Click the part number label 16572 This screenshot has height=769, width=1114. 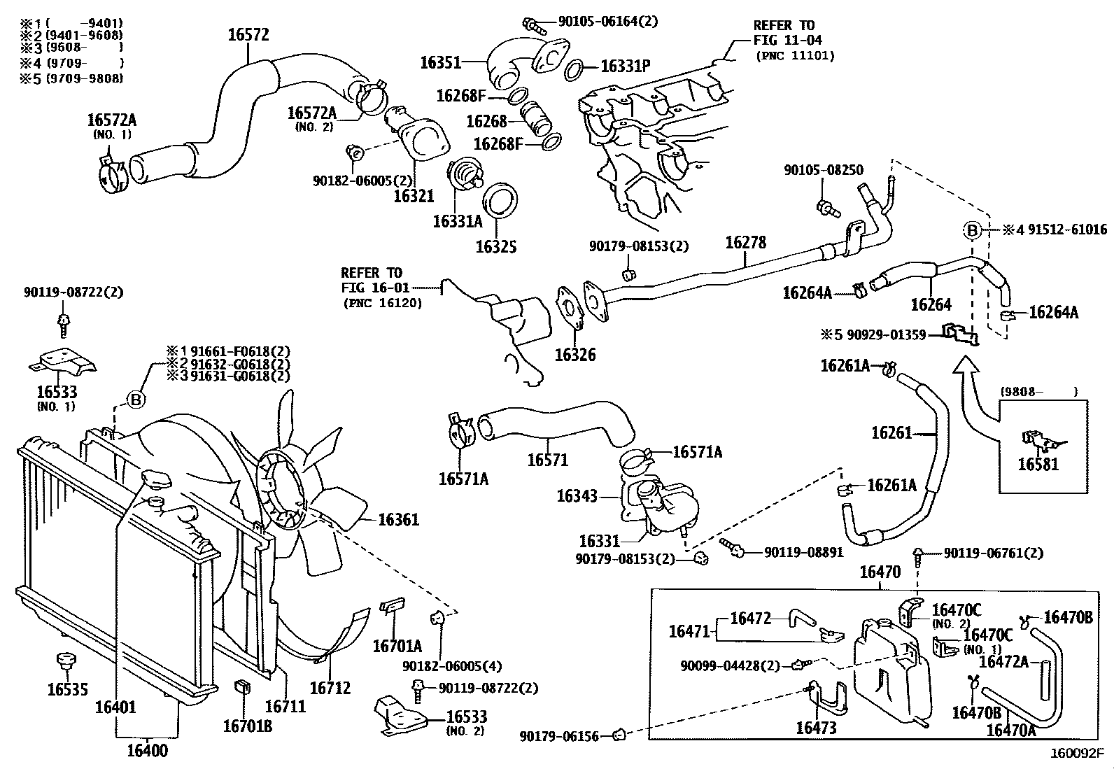click(x=248, y=35)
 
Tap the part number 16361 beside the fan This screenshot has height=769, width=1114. click(x=398, y=520)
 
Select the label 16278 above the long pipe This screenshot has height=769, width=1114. click(x=746, y=243)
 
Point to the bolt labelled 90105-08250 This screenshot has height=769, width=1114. click(x=826, y=206)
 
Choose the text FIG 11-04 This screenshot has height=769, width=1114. click(x=787, y=41)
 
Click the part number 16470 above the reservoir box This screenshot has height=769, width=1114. click(x=880, y=572)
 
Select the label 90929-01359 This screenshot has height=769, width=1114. click(x=887, y=335)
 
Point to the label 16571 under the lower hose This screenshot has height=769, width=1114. click(x=547, y=460)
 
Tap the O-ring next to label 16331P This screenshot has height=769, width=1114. click(x=573, y=68)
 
